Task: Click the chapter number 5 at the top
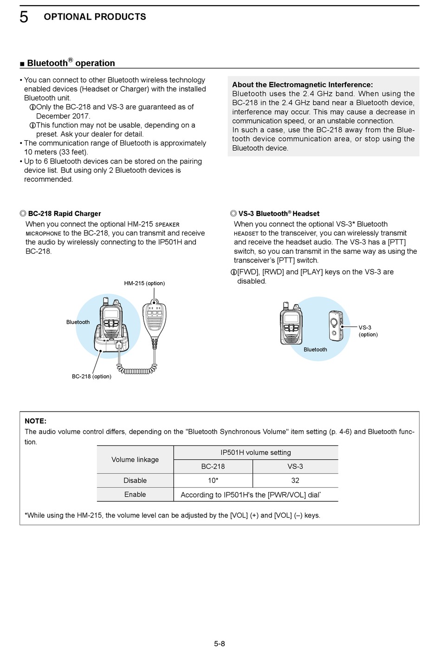click(x=24, y=17)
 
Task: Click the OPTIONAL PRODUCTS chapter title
click(x=95, y=17)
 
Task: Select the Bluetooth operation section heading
click(x=71, y=63)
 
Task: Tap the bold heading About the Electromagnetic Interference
click(x=302, y=85)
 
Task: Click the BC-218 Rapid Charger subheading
click(x=64, y=214)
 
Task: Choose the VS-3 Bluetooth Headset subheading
click(x=279, y=214)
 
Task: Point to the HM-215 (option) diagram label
click(x=144, y=283)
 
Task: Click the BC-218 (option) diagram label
click(x=91, y=377)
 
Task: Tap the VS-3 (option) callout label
click(x=368, y=331)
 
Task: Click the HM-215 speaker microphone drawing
click(x=155, y=321)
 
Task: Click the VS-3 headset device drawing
click(x=335, y=325)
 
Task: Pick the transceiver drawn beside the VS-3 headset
click(x=291, y=324)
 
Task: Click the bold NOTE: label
click(x=35, y=421)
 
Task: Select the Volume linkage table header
click(x=135, y=459)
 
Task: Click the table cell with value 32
click(x=295, y=480)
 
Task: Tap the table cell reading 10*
click(x=213, y=480)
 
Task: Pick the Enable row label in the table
click(x=135, y=494)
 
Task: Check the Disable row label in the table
click(x=135, y=480)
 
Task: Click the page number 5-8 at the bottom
click(x=220, y=643)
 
